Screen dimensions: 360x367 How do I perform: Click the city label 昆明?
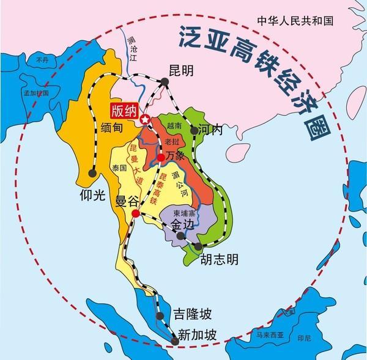180,71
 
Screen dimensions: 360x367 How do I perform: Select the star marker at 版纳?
145,119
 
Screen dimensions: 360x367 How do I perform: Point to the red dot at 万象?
161,158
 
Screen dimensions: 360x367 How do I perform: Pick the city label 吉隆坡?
191,315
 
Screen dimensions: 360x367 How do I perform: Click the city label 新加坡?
196,336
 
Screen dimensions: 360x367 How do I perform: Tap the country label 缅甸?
109,130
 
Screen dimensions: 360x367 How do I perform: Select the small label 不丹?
42,61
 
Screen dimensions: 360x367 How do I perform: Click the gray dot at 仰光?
93,174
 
